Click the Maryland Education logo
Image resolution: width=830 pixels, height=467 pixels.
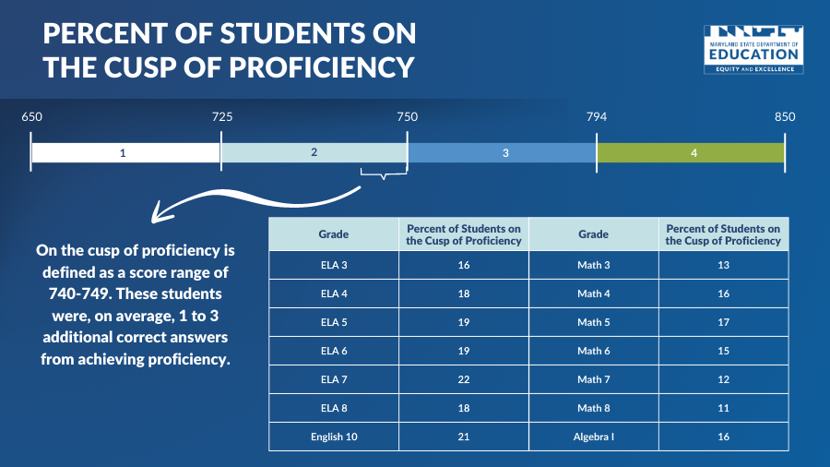click(753, 50)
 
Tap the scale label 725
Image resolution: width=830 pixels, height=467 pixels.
click(222, 117)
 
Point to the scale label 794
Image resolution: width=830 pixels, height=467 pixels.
click(597, 117)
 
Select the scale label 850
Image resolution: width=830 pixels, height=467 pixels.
click(785, 117)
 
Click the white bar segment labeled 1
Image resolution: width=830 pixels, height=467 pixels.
click(125, 152)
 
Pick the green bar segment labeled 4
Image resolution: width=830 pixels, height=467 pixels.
click(691, 152)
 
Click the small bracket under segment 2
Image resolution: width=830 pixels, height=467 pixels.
click(383, 172)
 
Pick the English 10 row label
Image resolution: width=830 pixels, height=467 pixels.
click(333, 437)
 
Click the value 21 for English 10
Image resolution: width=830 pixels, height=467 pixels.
click(464, 437)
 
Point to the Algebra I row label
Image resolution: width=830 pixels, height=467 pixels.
click(594, 437)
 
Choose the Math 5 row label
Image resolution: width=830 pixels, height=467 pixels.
click(594, 322)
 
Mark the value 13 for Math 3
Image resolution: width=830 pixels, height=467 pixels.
click(724, 265)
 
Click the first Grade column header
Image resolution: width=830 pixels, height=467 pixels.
click(333, 234)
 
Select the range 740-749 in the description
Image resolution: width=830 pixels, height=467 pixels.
click(77, 293)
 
